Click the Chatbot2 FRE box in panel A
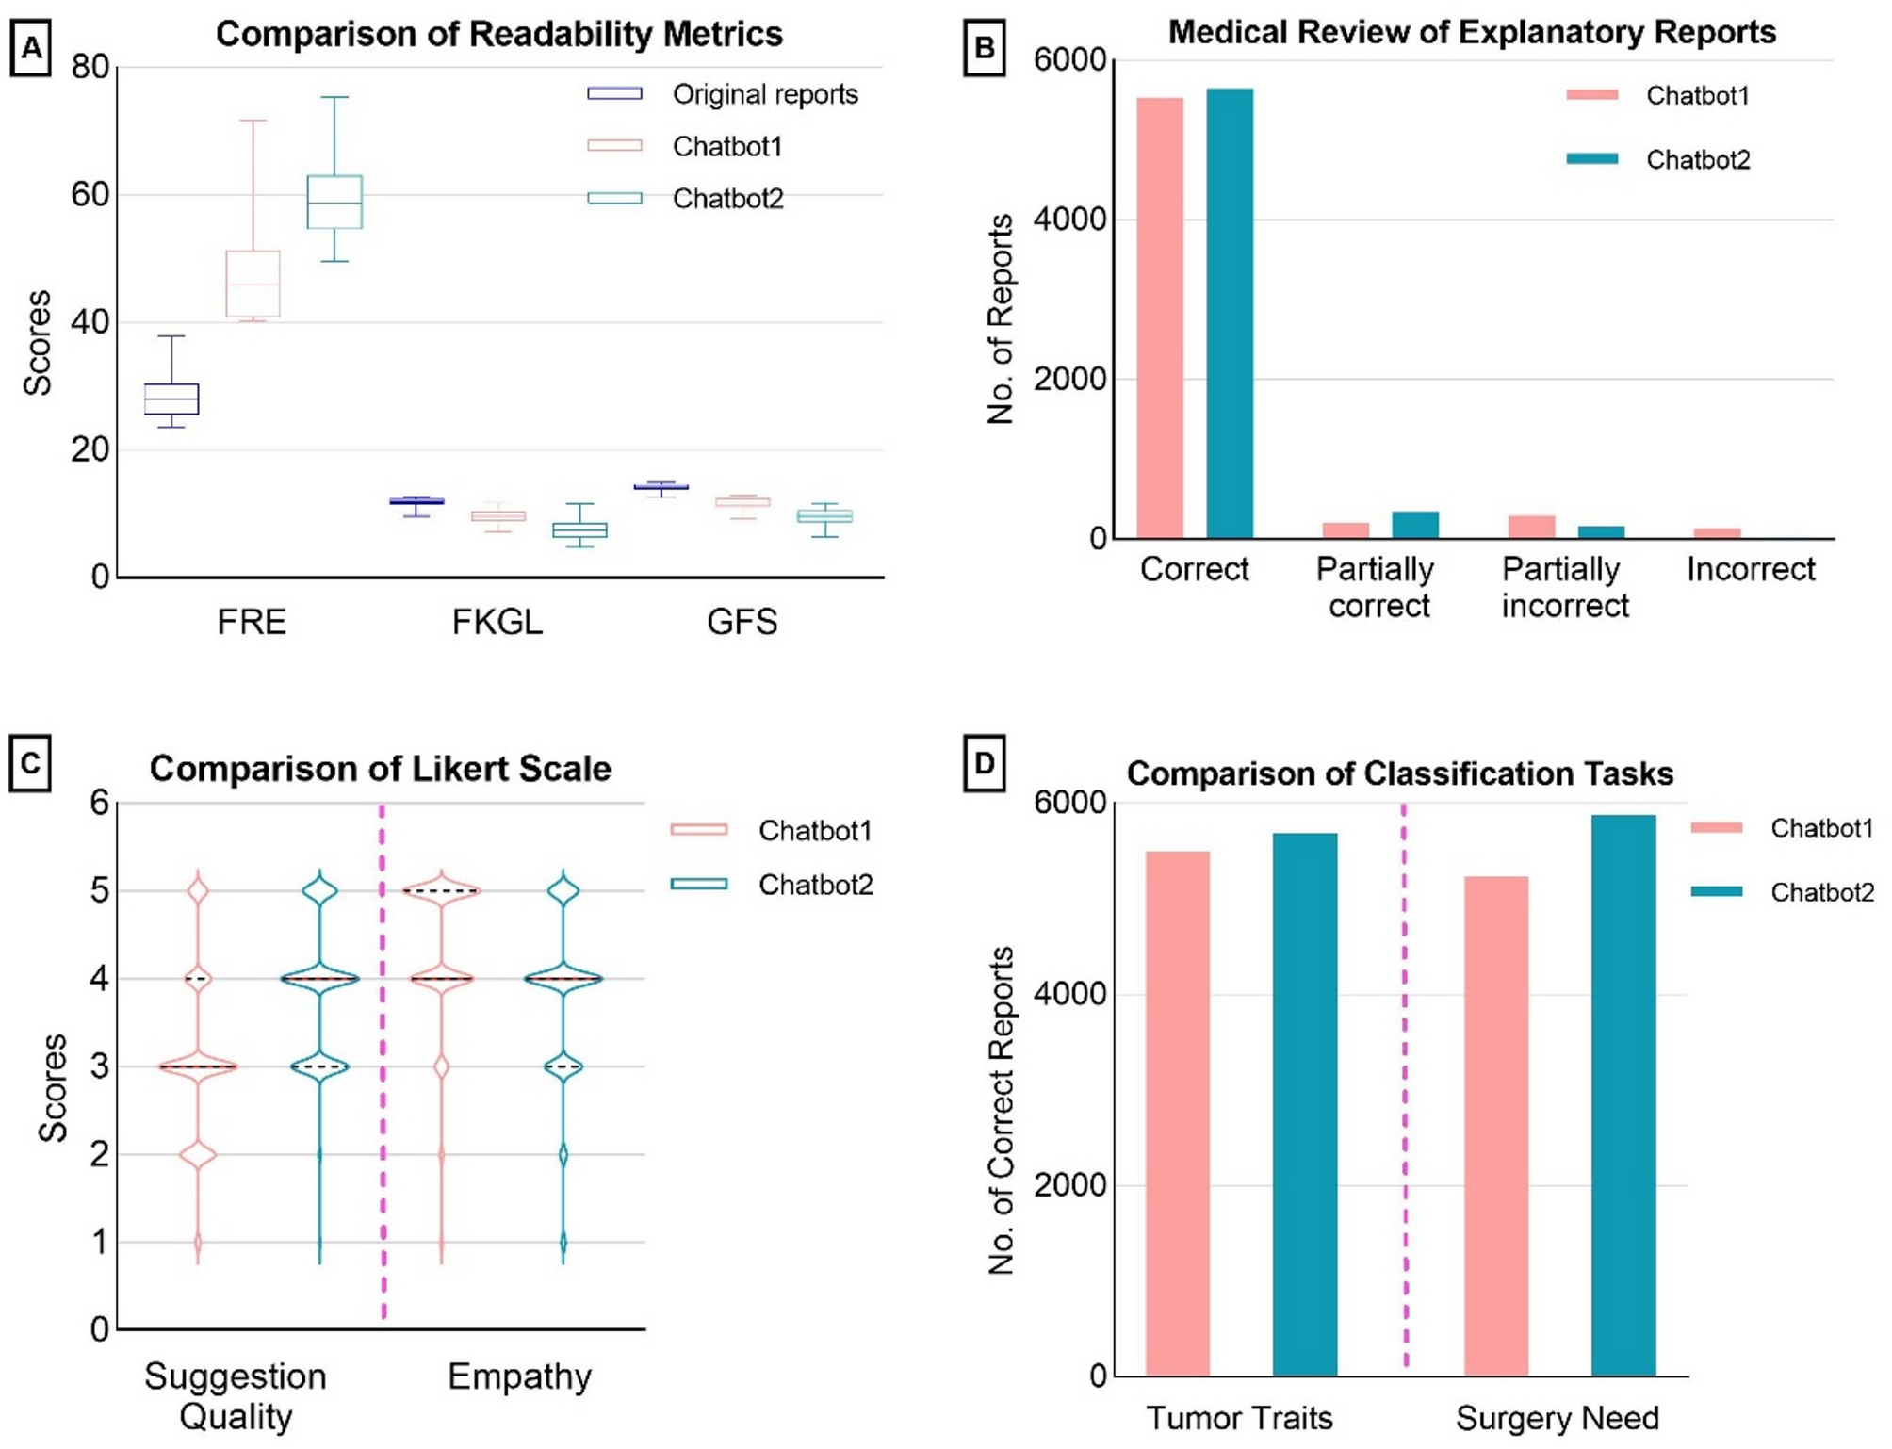[334, 202]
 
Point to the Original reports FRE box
[171, 399]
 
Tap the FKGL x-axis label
[497, 622]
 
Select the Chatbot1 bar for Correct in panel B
[1159, 317]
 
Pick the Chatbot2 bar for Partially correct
[1414, 525]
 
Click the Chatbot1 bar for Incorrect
[1717, 533]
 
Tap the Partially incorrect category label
[1564, 587]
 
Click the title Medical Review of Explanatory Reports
[1471, 32]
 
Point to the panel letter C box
[30, 762]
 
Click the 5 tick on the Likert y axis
[99, 890]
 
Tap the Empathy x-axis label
[519, 1376]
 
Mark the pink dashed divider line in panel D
[1404, 1083]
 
